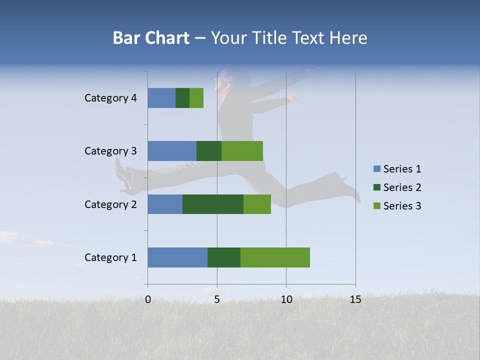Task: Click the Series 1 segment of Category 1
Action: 177,257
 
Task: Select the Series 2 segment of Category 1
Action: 224,257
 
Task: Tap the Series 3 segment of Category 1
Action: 275,257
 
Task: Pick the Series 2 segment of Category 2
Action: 213,204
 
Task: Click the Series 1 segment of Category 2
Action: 165,204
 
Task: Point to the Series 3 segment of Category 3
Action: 242,151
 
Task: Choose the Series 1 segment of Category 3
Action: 172,151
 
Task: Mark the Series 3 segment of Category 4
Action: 196,98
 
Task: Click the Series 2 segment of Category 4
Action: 182,98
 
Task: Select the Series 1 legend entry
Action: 397,169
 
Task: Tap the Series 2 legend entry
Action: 397,187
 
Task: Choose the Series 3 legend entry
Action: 397,206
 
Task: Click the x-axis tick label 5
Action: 217,299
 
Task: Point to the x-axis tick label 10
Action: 286,299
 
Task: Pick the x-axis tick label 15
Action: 355,299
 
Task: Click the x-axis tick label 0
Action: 148,299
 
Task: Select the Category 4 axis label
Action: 110,98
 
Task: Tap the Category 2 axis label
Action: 110,204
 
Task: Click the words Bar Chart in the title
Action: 151,38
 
